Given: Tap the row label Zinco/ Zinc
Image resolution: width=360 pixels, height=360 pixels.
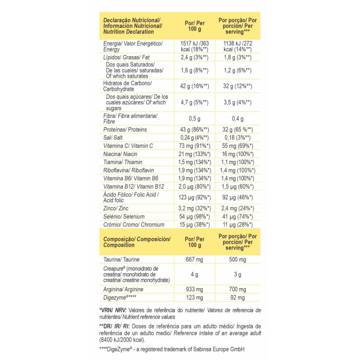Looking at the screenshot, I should (117, 209).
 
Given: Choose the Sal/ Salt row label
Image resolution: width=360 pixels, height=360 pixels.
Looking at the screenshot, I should (114, 138).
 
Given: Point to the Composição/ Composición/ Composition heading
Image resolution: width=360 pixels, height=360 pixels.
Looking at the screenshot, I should (137, 241).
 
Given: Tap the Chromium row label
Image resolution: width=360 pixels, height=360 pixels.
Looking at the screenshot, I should (127, 225).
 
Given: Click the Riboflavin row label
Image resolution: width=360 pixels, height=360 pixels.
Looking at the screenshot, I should (127, 170).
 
